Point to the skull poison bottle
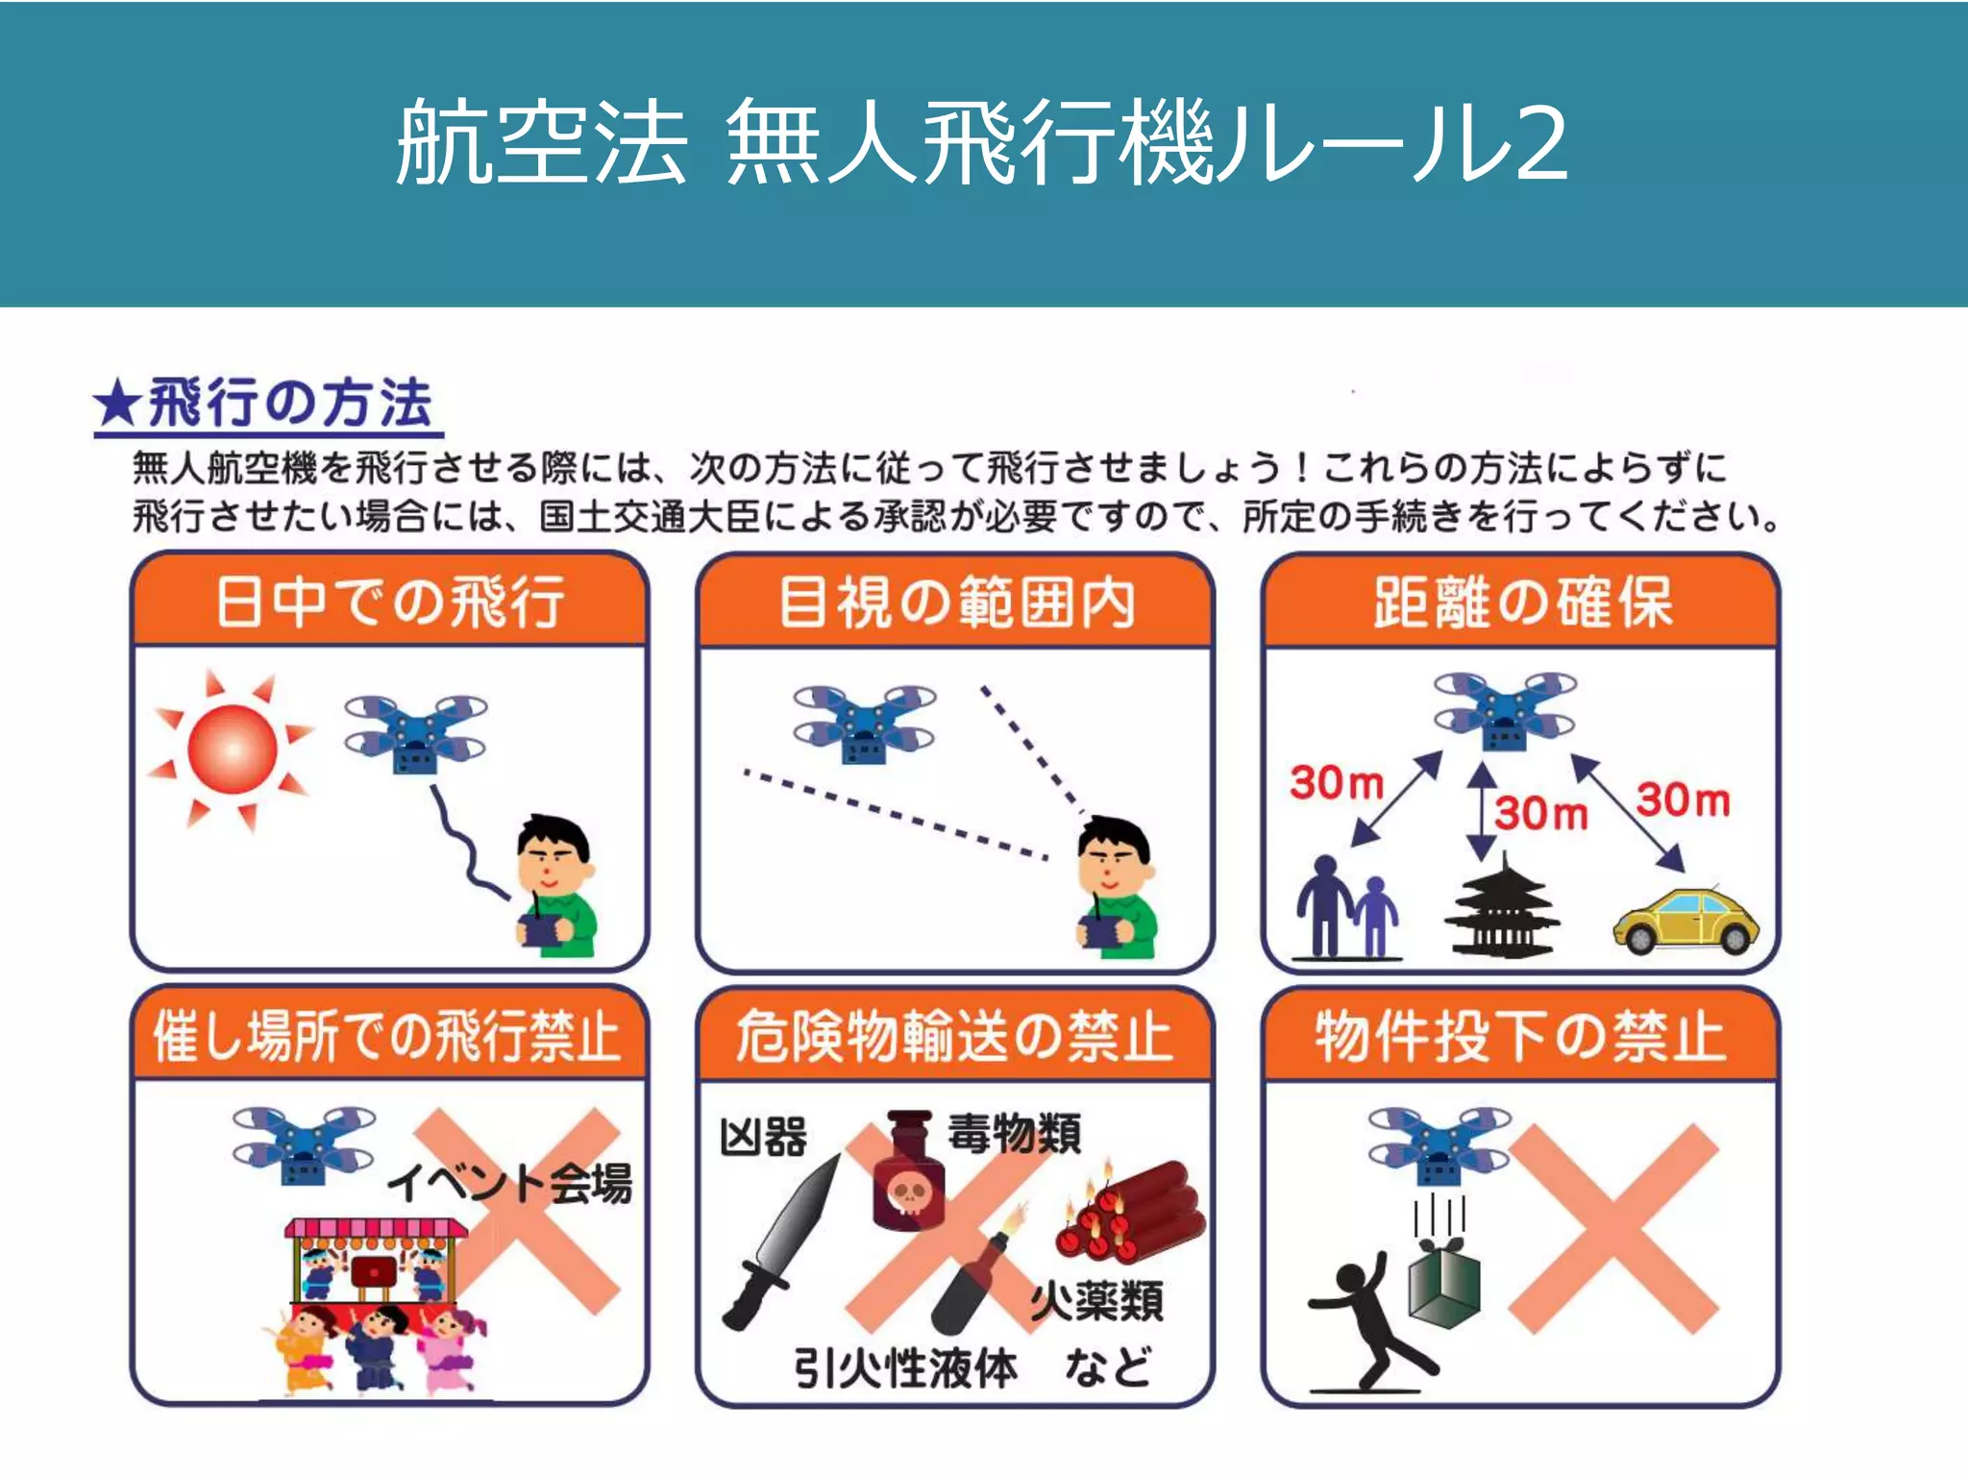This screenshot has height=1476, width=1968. pyautogui.click(x=908, y=1173)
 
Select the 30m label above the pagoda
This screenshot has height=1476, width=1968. pyautogui.click(x=1541, y=813)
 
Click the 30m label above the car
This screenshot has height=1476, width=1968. pyautogui.click(x=1684, y=799)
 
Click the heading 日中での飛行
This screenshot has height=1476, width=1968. pyautogui.click(x=389, y=603)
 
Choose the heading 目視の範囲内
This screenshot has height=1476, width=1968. pyautogui.click(x=955, y=603)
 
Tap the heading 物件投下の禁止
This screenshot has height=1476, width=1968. pyautogui.click(x=1520, y=1037)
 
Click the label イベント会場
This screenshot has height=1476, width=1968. pyautogui.click(x=509, y=1182)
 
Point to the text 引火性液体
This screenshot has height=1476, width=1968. pyautogui.click(x=904, y=1367)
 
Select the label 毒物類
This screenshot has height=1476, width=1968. pyautogui.click(x=1015, y=1134)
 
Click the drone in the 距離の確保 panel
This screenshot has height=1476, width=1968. pyautogui.click(x=1504, y=711)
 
